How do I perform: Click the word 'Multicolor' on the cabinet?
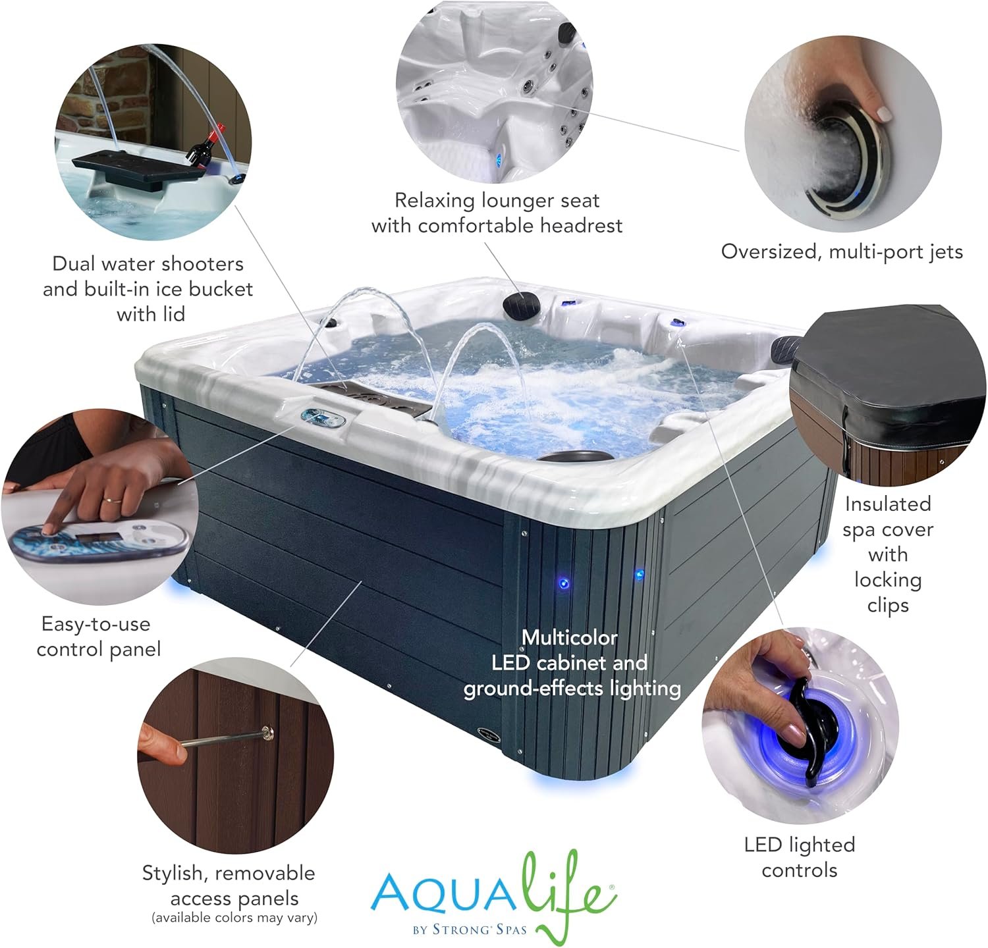(570, 637)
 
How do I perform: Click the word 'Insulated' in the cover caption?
(888, 504)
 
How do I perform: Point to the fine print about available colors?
(234, 917)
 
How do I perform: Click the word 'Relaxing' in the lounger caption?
(435, 200)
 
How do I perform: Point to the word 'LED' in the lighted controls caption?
(763, 845)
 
